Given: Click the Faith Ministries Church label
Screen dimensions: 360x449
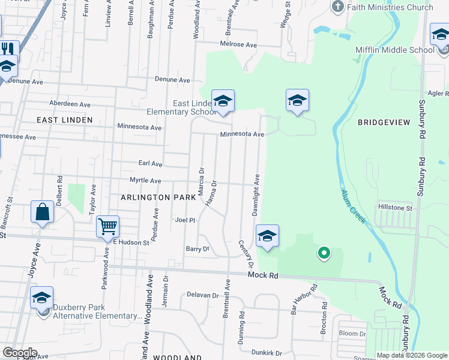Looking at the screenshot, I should [x=390, y=7].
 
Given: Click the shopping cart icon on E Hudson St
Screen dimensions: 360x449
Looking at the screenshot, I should [x=107, y=226].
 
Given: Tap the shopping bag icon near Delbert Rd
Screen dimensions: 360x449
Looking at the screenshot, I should [x=42, y=212].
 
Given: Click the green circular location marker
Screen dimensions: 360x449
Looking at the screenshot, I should [x=324, y=254].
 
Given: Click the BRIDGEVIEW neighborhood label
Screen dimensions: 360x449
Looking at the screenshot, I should [x=384, y=122].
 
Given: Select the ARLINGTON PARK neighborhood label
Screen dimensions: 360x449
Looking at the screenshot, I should [x=158, y=197].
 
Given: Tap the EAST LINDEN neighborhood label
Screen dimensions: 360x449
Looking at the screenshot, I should [x=65, y=120].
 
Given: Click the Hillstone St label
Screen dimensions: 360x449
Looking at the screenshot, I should [x=395, y=208].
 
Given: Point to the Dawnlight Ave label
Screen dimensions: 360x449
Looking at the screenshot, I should [x=255, y=196].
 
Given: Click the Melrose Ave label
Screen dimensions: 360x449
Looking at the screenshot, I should [x=238, y=45].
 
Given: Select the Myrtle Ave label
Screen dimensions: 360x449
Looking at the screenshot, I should [x=145, y=181].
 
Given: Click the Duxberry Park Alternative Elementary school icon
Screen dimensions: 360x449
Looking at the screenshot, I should [x=41, y=297].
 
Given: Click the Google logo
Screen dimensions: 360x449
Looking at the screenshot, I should [x=19, y=352].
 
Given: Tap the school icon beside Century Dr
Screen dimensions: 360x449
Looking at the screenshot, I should [x=267, y=235].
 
